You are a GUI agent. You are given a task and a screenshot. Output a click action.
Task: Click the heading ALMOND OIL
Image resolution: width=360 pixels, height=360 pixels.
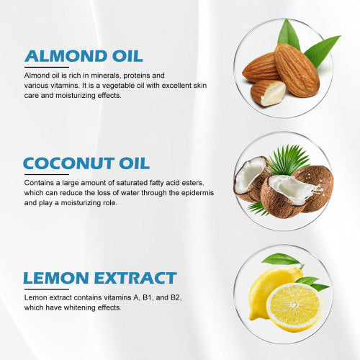click(x=84, y=56)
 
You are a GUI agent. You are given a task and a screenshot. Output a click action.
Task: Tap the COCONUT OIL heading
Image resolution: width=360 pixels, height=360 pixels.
click(x=86, y=163)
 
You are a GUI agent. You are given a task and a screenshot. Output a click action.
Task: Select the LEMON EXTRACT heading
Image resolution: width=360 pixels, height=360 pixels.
click(x=100, y=278)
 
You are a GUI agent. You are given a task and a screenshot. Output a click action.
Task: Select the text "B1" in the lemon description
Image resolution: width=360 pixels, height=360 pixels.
click(x=147, y=297)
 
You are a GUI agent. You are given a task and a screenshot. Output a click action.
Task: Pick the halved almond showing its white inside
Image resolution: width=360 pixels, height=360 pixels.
click(x=268, y=93)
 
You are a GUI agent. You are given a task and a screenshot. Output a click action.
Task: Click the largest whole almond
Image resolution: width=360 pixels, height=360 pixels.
click(x=297, y=70)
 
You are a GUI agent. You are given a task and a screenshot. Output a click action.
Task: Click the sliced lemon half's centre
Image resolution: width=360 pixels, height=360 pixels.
click(x=294, y=305)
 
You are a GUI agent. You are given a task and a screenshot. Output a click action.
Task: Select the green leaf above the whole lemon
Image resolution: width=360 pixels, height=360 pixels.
click(x=280, y=259)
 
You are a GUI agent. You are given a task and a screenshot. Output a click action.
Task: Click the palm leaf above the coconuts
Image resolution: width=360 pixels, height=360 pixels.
click(x=288, y=160)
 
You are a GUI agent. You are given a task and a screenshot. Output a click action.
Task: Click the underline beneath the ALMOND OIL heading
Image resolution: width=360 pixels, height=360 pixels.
click(x=47, y=67)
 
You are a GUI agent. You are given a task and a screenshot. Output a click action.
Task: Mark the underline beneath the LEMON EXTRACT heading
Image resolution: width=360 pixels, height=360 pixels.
click(x=47, y=289)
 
